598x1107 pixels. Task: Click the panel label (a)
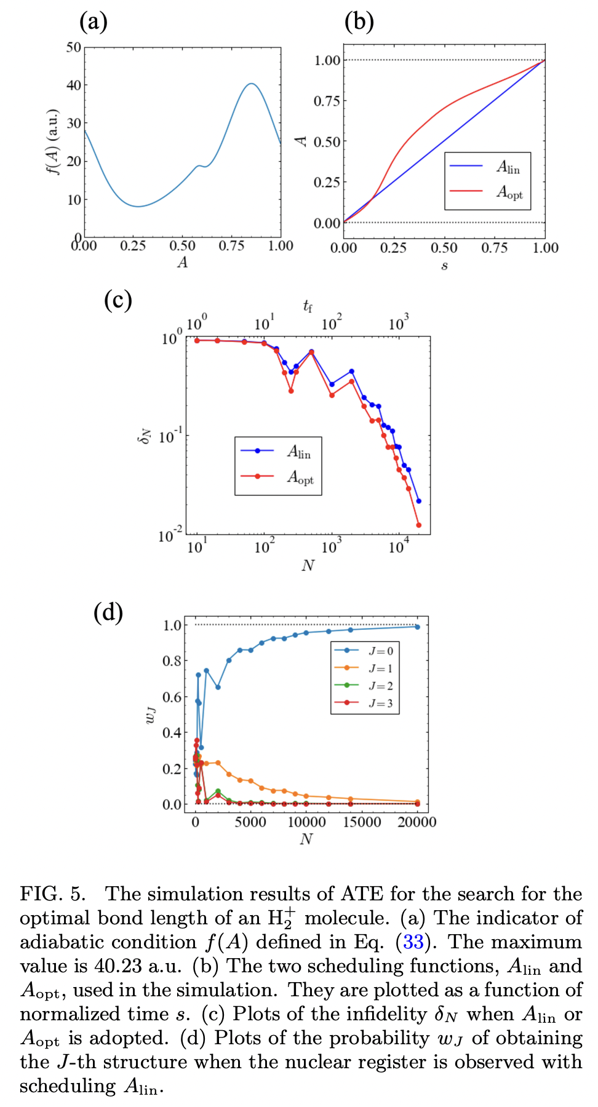[94, 22]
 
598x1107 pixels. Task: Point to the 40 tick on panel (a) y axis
[74, 85]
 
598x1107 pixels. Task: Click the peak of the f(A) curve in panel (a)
[251, 84]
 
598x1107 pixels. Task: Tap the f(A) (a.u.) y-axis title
[54, 142]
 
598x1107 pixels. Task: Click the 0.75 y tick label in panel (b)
[327, 101]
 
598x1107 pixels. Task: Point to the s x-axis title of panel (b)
[444, 266]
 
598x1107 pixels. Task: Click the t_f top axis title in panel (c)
[308, 306]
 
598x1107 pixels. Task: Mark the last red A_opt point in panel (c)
[419, 525]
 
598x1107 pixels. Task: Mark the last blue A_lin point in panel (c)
[419, 501]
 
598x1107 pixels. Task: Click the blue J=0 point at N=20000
[417, 627]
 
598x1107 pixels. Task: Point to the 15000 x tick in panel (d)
[362, 822]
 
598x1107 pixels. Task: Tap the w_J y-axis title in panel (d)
[150, 715]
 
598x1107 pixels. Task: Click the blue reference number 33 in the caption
[413, 942]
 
